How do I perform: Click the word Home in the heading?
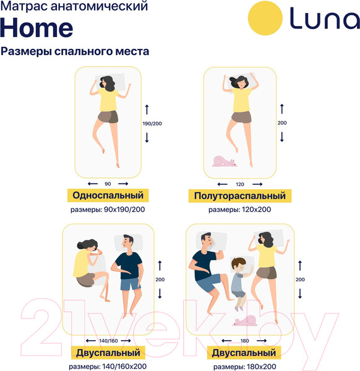coord(36,27)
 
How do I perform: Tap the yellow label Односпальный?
coord(108,195)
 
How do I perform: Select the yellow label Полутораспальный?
coord(239,196)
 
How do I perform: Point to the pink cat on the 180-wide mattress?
coord(246,321)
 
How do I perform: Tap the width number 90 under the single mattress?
coord(108,184)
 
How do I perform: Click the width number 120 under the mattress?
coord(239,184)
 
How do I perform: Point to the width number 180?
coord(244,341)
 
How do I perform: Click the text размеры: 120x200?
coord(239,210)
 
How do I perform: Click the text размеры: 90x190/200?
coord(108,210)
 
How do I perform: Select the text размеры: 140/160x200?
coord(109,367)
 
